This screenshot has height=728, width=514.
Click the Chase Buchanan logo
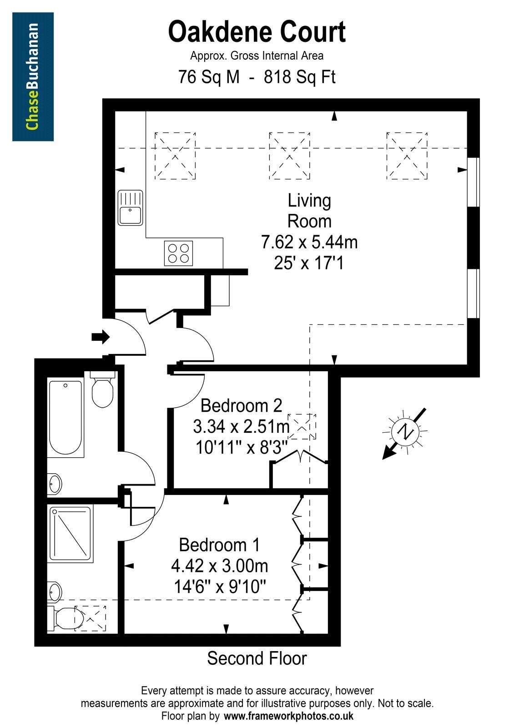tap(33, 77)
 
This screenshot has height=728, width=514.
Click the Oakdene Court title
tap(257, 32)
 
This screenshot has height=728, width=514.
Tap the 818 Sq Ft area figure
tap(299, 77)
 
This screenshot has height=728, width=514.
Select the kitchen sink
tap(130, 208)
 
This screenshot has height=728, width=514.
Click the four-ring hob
tap(178, 253)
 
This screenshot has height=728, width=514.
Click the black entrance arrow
tap(101, 337)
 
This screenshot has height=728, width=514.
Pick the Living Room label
tap(309, 211)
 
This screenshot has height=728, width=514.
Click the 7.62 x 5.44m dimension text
tap(309, 242)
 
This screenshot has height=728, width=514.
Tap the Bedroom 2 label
tap(242, 405)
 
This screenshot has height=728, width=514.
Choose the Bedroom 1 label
tap(220, 545)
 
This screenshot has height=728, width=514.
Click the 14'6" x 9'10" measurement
tap(220, 586)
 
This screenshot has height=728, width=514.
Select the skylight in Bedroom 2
tap(302, 426)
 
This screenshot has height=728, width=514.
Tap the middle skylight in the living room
tap(289, 156)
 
